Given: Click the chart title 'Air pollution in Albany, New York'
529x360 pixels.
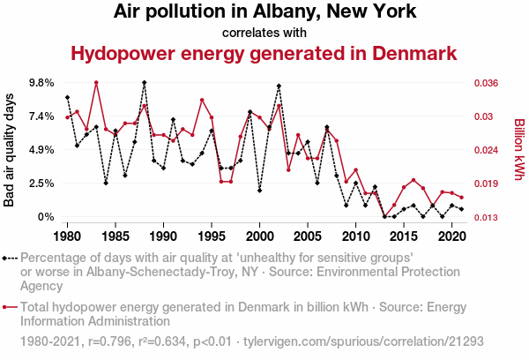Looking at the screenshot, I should coord(264,12).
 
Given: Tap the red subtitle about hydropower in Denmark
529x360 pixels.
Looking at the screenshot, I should coord(264,54).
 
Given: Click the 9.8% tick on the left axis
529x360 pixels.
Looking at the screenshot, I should coord(41,83).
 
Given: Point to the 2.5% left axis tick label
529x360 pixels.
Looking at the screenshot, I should coord(41,184).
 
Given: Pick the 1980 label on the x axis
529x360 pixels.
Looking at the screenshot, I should coord(67,236).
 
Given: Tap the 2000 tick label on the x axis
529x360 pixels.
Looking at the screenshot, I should coord(259,236).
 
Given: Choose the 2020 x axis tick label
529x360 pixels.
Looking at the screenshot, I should coord(451,236).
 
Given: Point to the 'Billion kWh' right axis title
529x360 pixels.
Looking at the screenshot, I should coord(519,149).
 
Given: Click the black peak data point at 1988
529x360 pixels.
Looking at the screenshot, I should coord(144,82).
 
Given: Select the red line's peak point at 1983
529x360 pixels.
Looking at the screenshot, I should coord(96,83).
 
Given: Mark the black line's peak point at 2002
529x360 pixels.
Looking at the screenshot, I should coord(279,86).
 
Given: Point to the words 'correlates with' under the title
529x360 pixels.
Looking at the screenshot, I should coord(264,34).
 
